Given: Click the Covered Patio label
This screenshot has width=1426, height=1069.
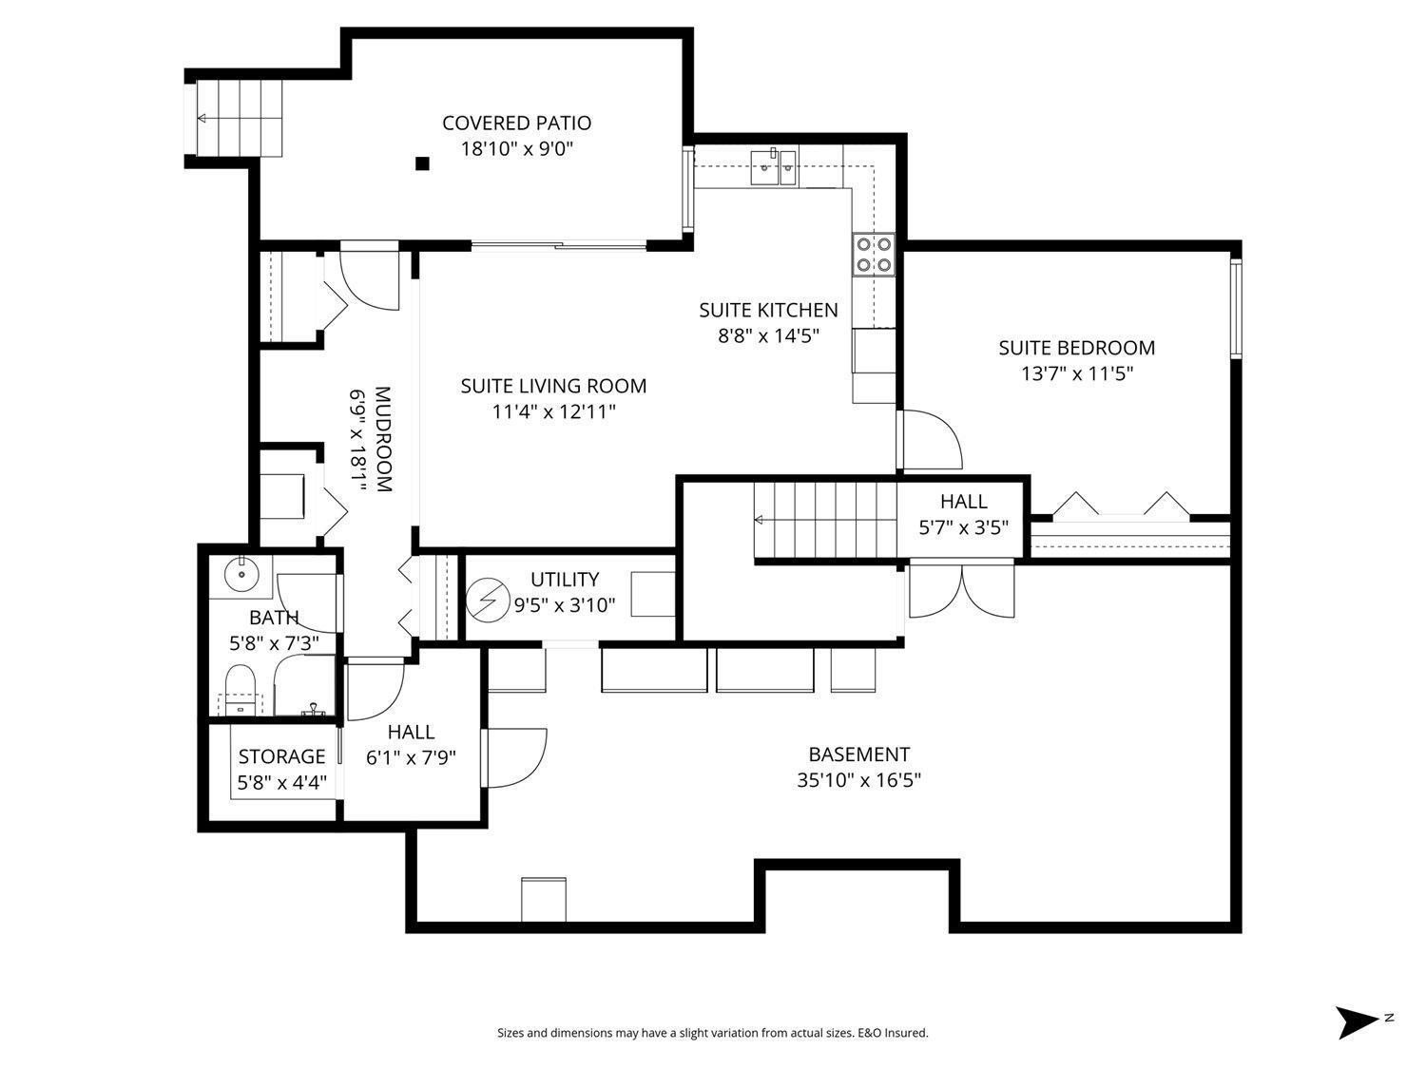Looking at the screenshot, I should (x=516, y=124).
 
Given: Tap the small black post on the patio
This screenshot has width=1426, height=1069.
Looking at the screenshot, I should (x=422, y=163).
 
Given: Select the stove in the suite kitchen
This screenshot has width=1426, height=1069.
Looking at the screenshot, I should (x=874, y=254).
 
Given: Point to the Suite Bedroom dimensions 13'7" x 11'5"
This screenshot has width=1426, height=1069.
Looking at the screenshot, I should (x=1077, y=373).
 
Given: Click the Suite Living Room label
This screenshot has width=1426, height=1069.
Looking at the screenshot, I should (x=553, y=386).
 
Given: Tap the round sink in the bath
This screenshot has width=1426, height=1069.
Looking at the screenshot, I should (x=242, y=573).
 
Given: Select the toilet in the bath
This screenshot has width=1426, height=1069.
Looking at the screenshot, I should (x=240, y=686).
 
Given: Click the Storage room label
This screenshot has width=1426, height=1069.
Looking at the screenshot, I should (x=281, y=756).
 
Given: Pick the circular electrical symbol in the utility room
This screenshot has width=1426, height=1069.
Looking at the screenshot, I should (x=488, y=601).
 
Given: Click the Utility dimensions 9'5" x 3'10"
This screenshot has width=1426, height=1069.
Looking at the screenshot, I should (x=565, y=604).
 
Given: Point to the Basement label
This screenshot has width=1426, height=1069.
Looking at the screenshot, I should (x=858, y=754).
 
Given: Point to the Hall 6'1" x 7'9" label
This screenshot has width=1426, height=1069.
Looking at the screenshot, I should (x=411, y=732).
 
